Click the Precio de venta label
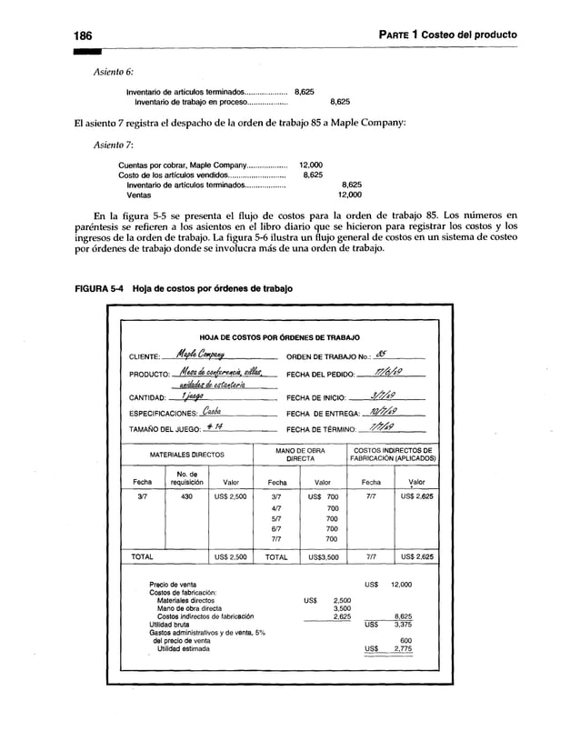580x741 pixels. coord(171,585)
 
